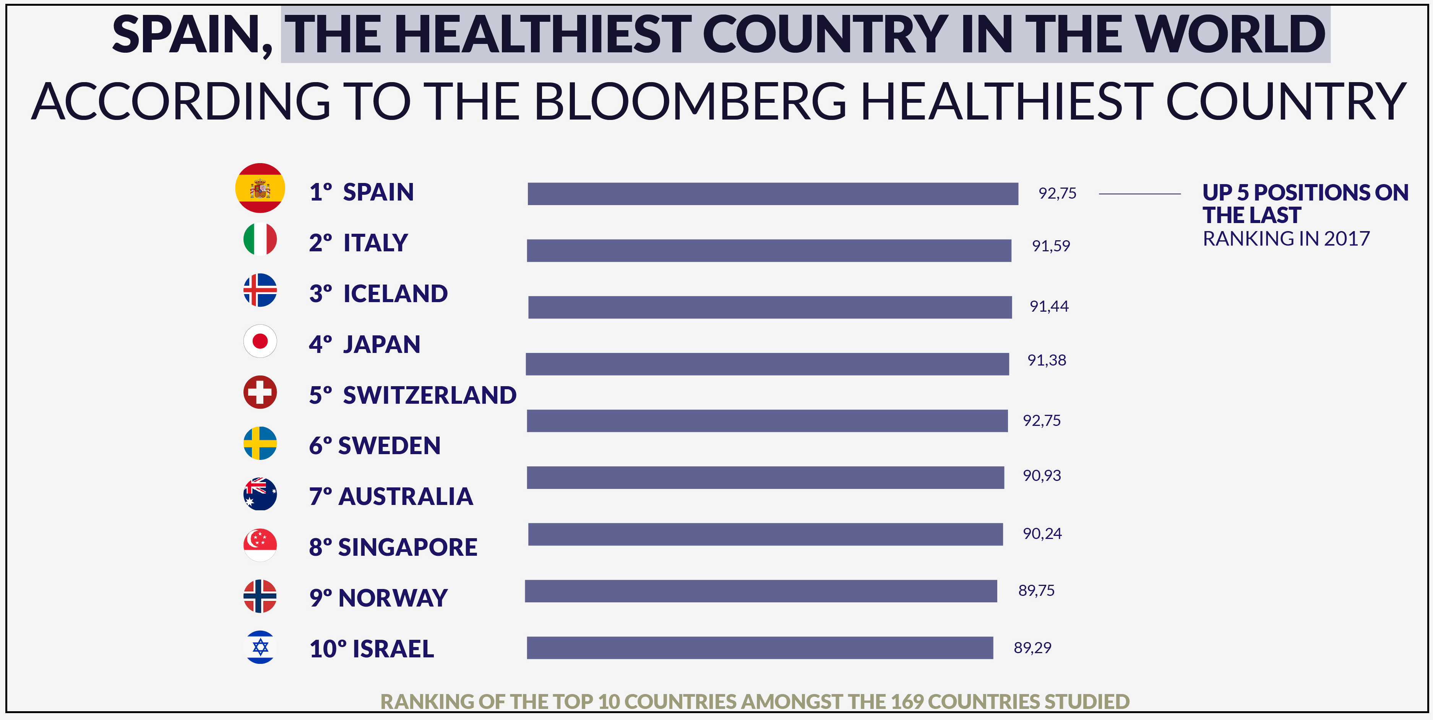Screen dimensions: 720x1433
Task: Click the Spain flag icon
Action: click(x=260, y=188)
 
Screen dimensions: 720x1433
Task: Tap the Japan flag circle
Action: click(x=260, y=341)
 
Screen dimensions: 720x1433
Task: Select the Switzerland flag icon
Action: click(x=260, y=392)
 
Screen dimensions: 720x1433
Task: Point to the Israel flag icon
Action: click(x=260, y=647)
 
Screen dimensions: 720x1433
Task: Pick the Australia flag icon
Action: click(x=260, y=494)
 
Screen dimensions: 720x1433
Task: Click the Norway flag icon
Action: click(x=260, y=596)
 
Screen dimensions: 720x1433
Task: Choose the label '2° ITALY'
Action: click(x=358, y=243)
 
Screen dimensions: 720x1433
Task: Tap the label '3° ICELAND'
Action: click(x=378, y=294)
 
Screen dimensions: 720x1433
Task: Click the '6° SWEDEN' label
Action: click(x=374, y=446)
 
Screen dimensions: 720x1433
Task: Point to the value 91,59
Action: click(x=1050, y=246)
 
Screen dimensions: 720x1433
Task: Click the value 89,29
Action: click(x=1032, y=648)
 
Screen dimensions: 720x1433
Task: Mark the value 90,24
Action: click(x=1041, y=534)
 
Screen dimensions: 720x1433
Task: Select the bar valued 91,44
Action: click(x=769, y=307)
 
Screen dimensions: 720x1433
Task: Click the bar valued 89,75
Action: click(x=760, y=591)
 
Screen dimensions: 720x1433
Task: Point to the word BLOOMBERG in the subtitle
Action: click(x=690, y=102)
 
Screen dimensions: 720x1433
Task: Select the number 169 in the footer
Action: click(x=906, y=702)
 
